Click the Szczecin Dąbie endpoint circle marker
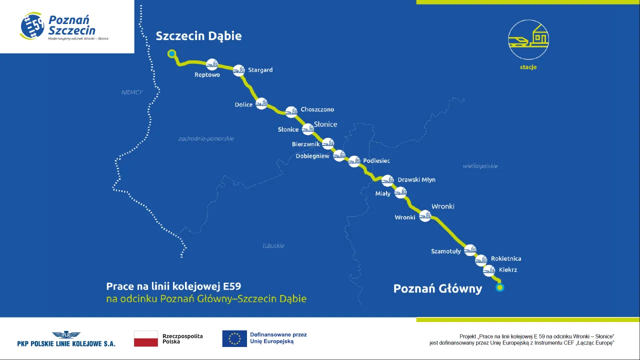(x=172, y=53)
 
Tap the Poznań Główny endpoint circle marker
(x=499, y=287)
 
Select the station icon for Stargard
(x=239, y=70)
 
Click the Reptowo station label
(x=207, y=75)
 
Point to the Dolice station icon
(x=261, y=103)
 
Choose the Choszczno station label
(x=317, y=109)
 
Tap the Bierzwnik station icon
(x=328, y=143)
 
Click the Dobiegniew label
(x=312, y=156)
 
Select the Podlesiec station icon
(x=354, y=161)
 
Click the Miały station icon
(x=400, y=192)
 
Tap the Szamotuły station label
(x=445, y=251)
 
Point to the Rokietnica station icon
(x=481, y=259)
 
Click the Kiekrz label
(x=508, y=270)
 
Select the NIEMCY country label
(x=132, y=92)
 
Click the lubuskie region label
(x=273, y=245)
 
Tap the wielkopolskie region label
(x=480, y=166)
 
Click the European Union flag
(x=234, y=338)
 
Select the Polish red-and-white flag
(x=145, y=338)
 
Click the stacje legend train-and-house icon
(x=528, y=39)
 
